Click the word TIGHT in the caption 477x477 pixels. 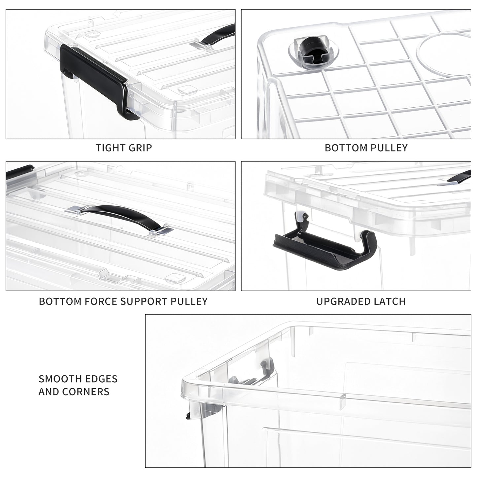pyautogui.click(x=109, y=148)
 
